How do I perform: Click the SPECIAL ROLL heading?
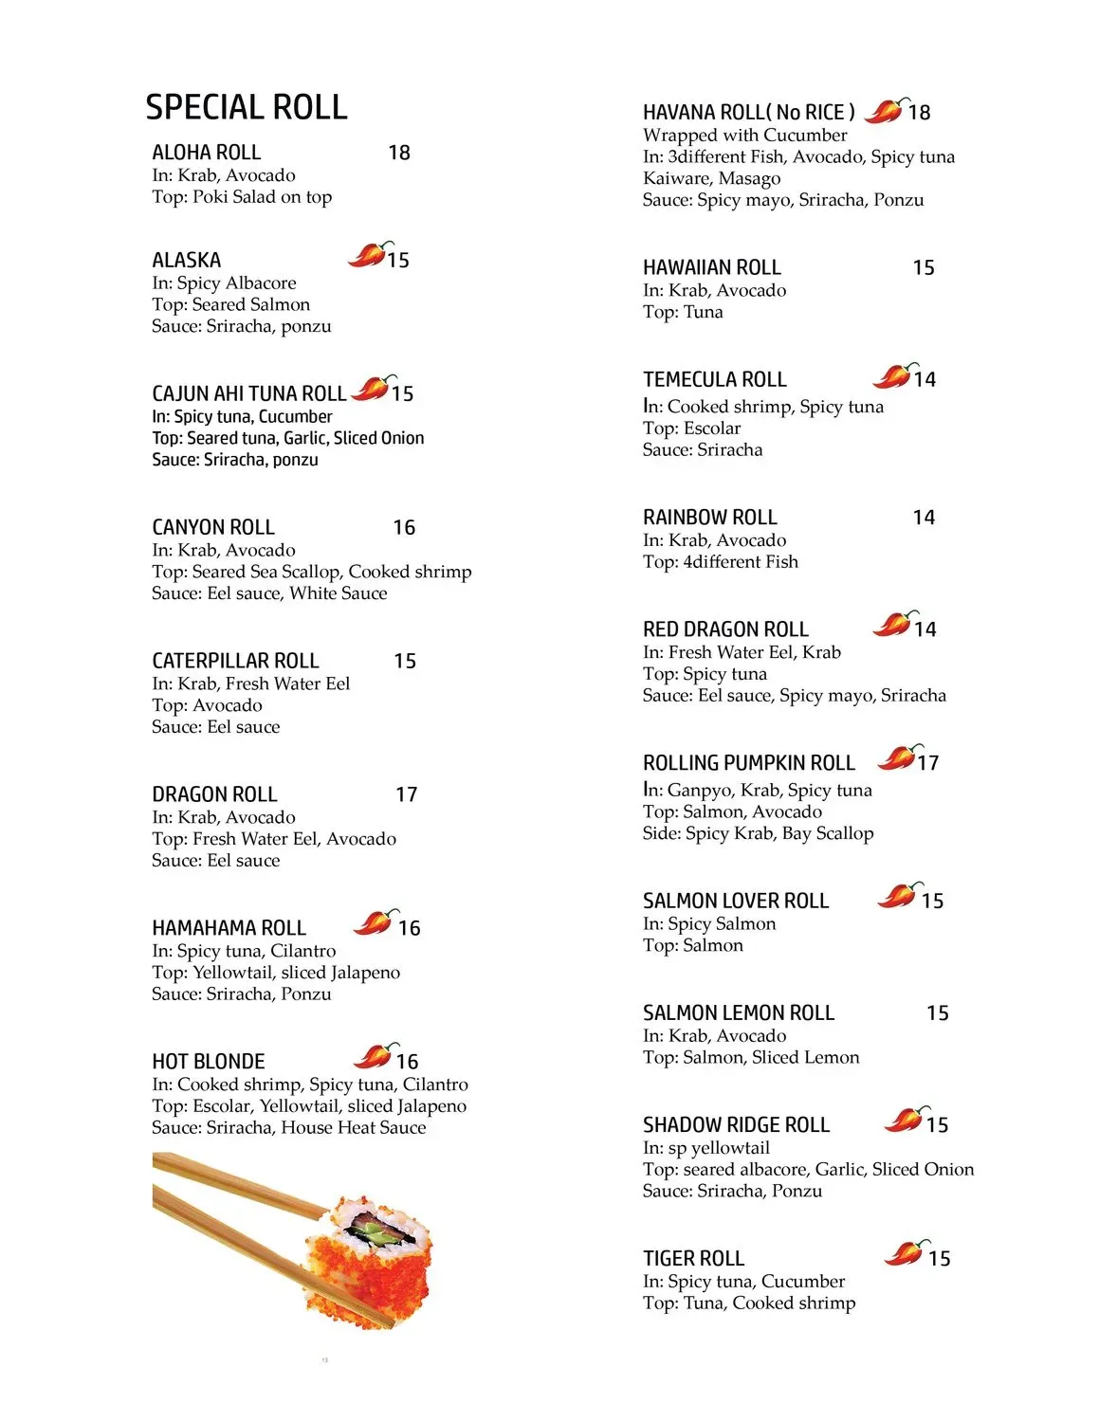coord(247,107)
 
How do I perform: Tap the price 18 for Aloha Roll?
coord(399,153)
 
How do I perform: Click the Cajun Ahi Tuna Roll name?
coord(248,393)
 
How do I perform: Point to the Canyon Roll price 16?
coord(404,527)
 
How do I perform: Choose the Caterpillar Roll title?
coord(235,661)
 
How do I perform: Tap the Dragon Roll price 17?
coord(406,794)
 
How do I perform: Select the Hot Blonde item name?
coord(209,1062)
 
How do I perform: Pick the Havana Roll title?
coord(748,112)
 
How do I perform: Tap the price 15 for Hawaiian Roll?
coord(924,268)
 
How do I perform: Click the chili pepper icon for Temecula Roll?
coord(893,375)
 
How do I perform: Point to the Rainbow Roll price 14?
coord(924,518)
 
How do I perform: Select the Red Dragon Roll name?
coord(725,629)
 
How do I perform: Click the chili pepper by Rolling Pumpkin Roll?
coord(897,758)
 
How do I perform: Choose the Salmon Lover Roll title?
coord(736,901)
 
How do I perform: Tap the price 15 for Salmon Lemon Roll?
coord(937,1013)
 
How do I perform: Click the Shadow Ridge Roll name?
coord(736,1125)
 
